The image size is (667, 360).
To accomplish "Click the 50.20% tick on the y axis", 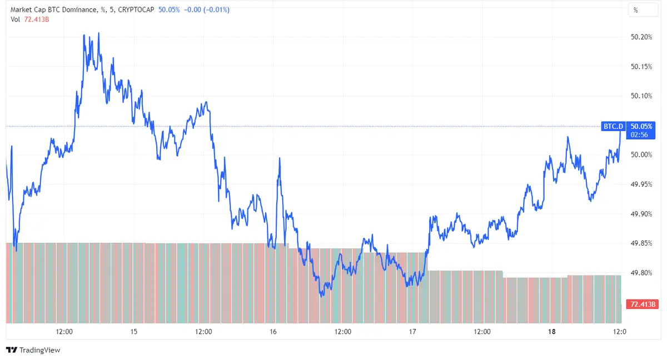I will point(642,37).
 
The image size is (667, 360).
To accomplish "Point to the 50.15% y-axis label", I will point(642,67).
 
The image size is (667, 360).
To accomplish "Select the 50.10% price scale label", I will point(642,96).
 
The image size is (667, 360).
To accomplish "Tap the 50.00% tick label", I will point(642,154).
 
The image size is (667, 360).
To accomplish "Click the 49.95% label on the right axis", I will point(642,184).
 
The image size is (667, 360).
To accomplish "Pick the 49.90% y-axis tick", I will point(642,213).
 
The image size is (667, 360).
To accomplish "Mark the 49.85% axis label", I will point(642,243).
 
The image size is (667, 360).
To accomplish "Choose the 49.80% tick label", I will point(642,272).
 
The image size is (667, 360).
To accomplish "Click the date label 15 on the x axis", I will point(134,332).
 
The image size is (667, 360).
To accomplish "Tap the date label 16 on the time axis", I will point(273,332).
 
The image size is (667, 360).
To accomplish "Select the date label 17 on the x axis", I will point(412,332).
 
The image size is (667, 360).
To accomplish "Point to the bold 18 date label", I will point(551,332).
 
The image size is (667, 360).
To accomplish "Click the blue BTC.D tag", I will point(614,127).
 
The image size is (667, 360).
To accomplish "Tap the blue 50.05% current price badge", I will point(642,127).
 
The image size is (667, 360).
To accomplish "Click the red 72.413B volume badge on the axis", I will point(642,304).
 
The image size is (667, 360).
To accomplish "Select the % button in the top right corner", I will point(636,10).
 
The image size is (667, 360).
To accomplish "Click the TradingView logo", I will point(33,350).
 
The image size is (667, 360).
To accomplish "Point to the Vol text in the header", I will point(16,19).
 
